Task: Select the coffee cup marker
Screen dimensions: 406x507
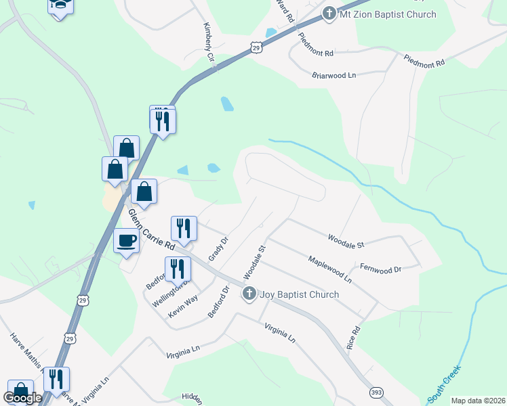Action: coord(126,240)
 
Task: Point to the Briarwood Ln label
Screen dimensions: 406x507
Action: coord(334,76)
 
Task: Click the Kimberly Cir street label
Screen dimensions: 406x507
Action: coord(209,45)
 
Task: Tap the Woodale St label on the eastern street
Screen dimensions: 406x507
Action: coord(346,240)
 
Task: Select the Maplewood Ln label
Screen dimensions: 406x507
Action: coord(329,269)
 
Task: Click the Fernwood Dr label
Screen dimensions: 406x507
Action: coord(380,269)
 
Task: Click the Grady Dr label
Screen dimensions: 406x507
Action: coord(217,248)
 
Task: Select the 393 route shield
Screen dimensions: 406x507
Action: coord(377,392)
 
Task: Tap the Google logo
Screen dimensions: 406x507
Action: coord(22,398)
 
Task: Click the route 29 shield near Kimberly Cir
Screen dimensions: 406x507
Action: coord(255,47)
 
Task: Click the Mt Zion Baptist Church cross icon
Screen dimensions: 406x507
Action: coord(329,14)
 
